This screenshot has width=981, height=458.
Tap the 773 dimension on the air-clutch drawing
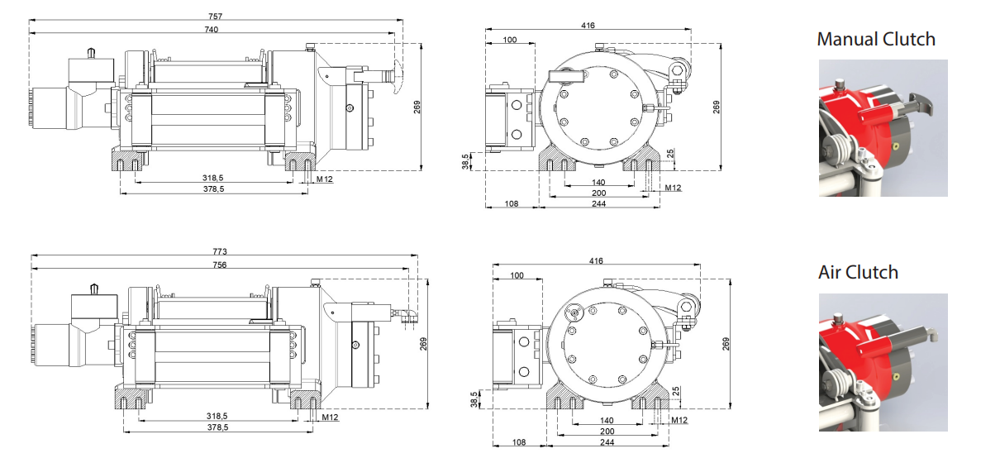point(219,250)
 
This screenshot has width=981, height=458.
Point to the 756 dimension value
point(219,265)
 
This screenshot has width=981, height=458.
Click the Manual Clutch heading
point(876,39)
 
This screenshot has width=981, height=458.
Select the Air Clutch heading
point(858,272)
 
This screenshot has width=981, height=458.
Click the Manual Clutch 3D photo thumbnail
point(883,128)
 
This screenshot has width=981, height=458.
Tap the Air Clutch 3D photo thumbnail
point(883,361)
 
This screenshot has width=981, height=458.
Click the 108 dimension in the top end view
point(512,203)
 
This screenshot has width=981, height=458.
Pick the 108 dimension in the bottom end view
point(518,442)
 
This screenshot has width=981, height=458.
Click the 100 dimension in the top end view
point(510,39)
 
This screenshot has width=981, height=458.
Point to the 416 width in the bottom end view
point(596,260)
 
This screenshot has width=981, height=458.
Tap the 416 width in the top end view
point(588,26)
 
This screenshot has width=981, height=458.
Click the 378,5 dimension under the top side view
point(213,189)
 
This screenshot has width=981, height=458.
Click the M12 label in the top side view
point(324,179)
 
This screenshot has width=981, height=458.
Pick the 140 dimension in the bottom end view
point(606,420)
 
